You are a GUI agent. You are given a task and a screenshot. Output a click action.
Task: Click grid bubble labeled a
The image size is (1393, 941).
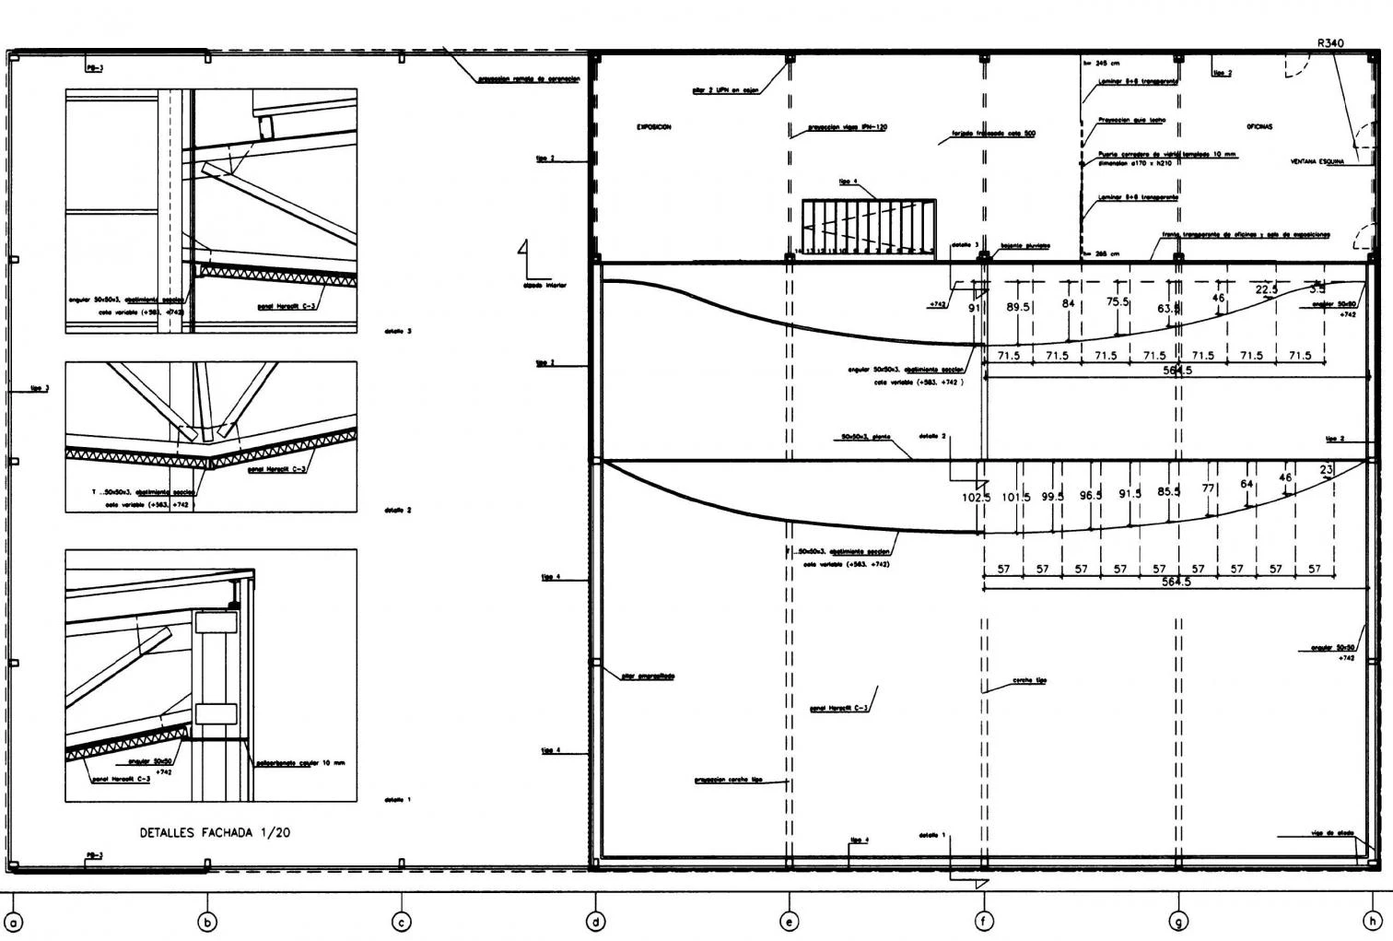(14, 921)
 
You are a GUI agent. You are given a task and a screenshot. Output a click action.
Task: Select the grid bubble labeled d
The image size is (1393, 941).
(596, 921)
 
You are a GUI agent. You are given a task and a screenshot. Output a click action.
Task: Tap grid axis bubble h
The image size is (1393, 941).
(1373, 921)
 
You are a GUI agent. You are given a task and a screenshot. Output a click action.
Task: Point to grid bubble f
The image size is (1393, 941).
(985, 921)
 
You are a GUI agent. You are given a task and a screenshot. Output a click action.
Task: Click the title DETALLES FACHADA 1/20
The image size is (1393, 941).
(215, 832)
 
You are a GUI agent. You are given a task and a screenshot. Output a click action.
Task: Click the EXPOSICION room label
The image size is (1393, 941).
(653, 127)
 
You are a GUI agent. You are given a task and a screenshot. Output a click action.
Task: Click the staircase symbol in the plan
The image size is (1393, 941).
(869, 226)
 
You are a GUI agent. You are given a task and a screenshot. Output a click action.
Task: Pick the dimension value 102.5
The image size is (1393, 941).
(975, 498)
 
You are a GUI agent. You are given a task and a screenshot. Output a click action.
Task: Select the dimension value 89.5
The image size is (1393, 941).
(1018, 307)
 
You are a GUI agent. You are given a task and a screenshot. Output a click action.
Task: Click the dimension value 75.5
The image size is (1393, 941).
(1118, 301)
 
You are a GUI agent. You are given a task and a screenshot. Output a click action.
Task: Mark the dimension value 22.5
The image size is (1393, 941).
(1267, 290)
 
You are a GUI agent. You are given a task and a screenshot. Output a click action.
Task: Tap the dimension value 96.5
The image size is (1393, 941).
(1091, 496)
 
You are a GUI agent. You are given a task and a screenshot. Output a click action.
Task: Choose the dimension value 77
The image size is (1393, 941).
(1209, 488)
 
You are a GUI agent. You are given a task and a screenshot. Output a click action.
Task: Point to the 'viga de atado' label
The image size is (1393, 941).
(1332, 833)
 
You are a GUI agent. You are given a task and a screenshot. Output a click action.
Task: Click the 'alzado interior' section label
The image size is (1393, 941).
(544, 285)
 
